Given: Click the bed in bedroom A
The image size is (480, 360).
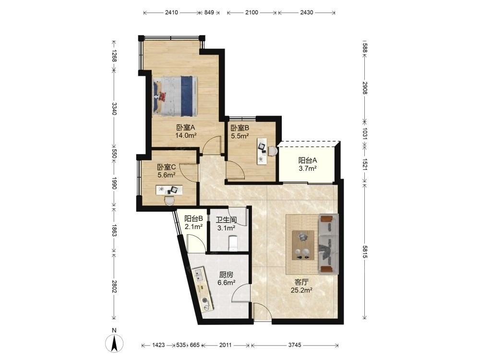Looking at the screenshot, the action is tap(175, 96).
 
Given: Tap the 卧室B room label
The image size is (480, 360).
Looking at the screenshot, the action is tap(240, 128).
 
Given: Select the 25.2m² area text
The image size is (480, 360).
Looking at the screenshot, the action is tap(301, 290).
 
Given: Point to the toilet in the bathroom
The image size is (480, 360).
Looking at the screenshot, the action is tap(234, 242).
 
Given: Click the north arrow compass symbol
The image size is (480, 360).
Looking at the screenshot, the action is tap(114, 343).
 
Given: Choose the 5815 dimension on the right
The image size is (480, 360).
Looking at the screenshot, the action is tap(364, 252).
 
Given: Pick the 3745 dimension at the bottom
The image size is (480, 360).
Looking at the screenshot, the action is tap(295, 345).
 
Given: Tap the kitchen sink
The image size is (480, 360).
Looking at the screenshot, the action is tap(199, 274).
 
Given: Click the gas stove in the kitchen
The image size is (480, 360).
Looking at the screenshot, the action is tap(206, 303).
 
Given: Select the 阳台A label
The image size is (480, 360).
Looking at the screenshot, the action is tap(308, 160).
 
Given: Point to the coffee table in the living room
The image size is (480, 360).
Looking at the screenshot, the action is tap(303, 245).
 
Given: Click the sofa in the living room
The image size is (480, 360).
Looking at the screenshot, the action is tap(328, 244).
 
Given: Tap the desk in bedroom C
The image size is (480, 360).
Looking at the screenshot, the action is tap(169, 190).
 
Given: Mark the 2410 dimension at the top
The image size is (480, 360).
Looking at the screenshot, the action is tap(171, 12).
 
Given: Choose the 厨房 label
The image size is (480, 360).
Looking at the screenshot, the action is tap(226, 275).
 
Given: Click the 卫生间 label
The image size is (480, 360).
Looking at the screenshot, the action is tap(226, 220).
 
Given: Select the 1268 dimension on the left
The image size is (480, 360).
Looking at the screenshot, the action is tap(114, 55).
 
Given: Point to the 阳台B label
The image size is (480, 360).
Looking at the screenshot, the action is tap(194, 218).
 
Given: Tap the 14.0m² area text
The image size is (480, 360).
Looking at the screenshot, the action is tap(186, 135).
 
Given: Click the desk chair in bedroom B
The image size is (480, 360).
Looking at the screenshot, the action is tap(273, 151).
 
